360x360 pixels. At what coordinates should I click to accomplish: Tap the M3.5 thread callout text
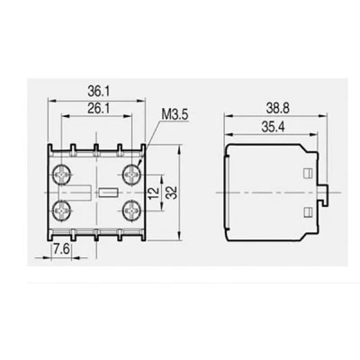[x=175, y=114]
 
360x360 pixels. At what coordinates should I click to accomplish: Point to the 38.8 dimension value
[x=278, y=108]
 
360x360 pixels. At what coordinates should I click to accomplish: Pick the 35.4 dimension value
[x=273, y=127]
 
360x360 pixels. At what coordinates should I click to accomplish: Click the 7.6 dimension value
[x=62, y=248]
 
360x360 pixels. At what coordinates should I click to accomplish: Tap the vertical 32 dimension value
[x=172, y=193]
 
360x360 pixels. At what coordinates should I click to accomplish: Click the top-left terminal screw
[x=61, y=174]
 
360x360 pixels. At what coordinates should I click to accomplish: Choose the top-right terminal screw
[x=131, y=174]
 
